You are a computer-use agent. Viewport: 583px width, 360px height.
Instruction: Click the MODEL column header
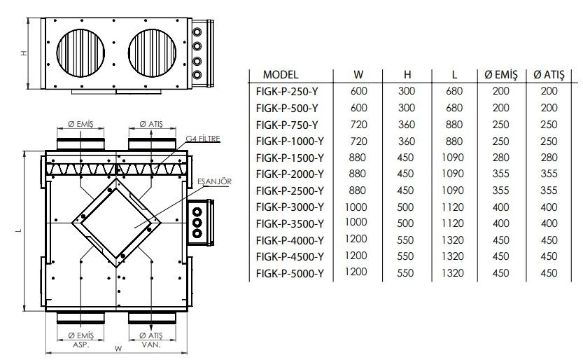[x=281, y=74]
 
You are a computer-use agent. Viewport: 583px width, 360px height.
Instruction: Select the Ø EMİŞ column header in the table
[x=500, y=74]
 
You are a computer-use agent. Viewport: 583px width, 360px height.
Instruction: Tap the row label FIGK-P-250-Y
[x=288, y=91]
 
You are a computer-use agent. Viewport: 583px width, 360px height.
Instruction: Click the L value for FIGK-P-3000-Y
[x=454, y=207]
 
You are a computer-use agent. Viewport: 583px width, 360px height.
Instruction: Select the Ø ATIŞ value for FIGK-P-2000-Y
[x=549, y=174]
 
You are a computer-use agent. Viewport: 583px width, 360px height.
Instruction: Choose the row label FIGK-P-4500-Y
[x=290, y=256]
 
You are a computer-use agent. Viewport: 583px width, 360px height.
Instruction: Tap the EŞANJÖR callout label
[x=214, y=181]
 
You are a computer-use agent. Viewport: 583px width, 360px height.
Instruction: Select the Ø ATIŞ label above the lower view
[x=152, y=124]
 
